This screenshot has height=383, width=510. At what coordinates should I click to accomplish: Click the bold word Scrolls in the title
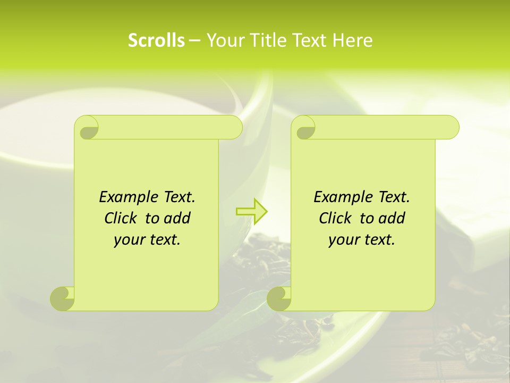tap(156, 40)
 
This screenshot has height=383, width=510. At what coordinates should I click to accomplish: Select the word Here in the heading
tap(352, 40)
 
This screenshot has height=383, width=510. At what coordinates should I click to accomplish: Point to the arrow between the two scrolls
tap(251, 211)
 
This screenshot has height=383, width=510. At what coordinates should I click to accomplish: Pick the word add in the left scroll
tap(177, 218)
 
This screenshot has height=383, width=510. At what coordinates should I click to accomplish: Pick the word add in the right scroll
tap(392, 218)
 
